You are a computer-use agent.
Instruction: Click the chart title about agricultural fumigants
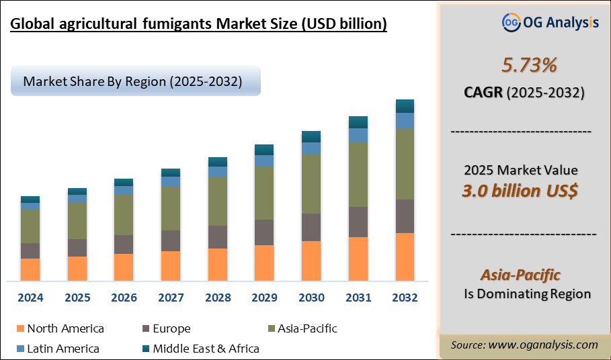[199, 25]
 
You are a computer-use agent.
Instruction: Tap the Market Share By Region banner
[134, 81]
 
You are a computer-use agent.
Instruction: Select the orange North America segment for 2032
[405, 257]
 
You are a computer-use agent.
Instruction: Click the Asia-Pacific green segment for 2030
[311, 183]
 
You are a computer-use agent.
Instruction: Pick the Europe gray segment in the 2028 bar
[218, 236]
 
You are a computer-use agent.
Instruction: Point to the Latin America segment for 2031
[358, 135]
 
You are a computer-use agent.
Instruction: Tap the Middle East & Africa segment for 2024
[30, 199]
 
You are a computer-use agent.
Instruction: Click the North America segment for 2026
[124, 267]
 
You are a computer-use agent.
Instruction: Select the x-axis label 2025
[77, 298]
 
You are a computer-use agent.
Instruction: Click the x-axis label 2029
[264, 298]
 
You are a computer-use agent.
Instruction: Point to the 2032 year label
[405, 298]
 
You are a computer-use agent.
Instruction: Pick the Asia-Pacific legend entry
[302, 328]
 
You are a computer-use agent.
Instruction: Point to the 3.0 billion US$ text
[520, 191]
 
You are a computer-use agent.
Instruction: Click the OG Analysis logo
[550, 22]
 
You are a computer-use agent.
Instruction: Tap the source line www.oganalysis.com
[524, 345]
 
